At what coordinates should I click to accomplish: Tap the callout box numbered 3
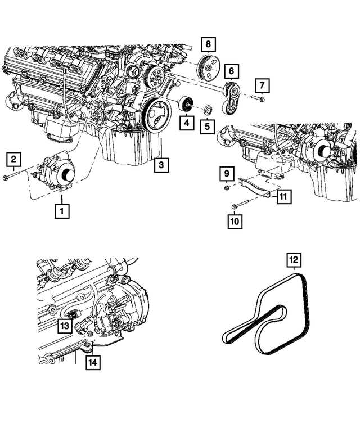pos(161,164)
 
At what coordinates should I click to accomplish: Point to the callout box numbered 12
pos(293,260)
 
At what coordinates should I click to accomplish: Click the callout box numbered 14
pos(92,363)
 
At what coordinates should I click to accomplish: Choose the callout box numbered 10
pos(234,222)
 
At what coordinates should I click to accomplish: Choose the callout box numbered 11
pos(283,196)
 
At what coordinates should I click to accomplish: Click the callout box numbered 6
pos(231,71)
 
